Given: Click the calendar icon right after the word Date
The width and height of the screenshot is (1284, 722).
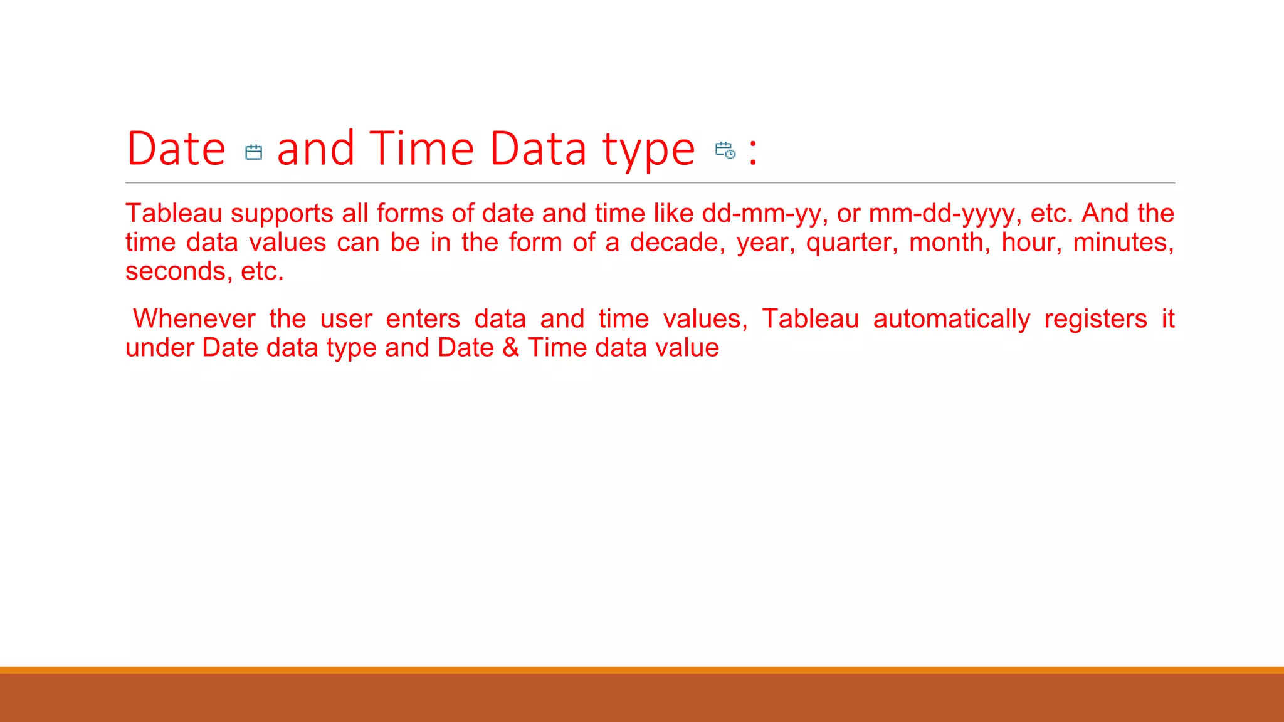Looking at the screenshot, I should pos(253,152).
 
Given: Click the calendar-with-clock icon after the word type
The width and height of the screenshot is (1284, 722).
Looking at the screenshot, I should pos(725,150).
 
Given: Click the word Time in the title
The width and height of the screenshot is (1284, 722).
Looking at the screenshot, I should pos(421,149).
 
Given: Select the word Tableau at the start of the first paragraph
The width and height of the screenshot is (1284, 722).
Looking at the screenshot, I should pos(174,214).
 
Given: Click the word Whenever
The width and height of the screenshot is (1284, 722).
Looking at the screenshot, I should pos(194,319).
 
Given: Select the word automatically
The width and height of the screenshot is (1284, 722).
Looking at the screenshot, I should pos(951,320).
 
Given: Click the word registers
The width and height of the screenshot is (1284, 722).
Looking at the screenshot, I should pos(1095,320).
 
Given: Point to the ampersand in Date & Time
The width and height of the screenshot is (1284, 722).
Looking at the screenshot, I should pos(511,348).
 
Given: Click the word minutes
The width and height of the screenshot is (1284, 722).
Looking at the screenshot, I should pos(1123,243).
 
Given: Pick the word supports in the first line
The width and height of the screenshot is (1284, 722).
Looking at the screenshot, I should pos(282,214).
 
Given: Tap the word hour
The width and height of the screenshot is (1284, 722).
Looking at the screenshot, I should pos(1031,243).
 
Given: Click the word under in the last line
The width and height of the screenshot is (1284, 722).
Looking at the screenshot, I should pos(159,348).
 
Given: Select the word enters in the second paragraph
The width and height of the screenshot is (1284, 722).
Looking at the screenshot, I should pos(423,319).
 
